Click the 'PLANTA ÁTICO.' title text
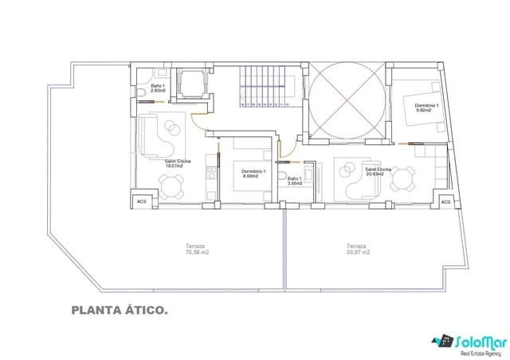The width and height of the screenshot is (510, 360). coord(119,311)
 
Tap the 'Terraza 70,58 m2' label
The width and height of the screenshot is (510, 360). coord(196,249)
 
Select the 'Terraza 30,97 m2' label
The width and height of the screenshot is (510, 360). coord(356,249)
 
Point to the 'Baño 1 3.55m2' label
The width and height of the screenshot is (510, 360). coord(294,181)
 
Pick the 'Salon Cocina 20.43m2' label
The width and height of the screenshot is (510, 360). coord(378,172)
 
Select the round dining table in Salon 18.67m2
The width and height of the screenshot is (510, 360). coord(171,186)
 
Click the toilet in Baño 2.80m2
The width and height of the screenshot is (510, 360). coord(140,96)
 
